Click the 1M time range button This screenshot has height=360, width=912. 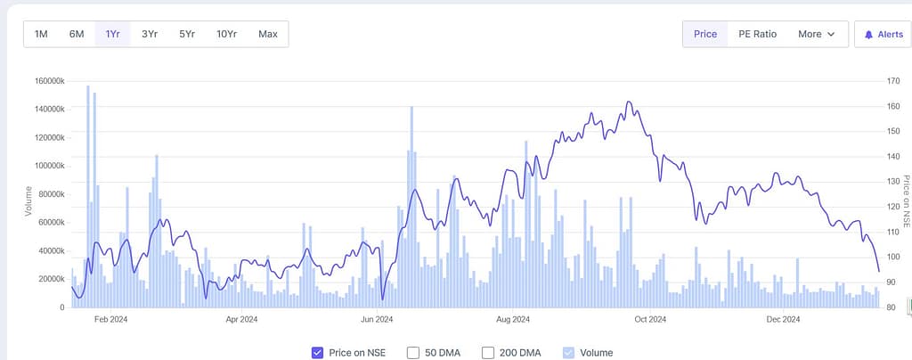[x=41, y=34]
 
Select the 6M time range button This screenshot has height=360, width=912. [x=77, y=34]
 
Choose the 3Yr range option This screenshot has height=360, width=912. [x=150, y=34]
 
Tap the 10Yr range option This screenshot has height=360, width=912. [x=226, y=34]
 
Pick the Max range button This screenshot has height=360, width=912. [x=268, y=34]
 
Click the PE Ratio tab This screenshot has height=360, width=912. [x=758, y=34]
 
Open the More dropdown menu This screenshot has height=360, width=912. [x=816, y=34]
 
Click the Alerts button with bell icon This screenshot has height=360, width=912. [x=883, y=34]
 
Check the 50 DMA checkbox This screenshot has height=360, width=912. [x=413, y=353]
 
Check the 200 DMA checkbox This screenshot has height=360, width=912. [x=488, y=353]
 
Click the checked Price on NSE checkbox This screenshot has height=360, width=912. [x=317, y=353]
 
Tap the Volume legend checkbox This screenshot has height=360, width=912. [x=568, y=353]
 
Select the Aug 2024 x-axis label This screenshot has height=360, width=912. [x=514, y=319]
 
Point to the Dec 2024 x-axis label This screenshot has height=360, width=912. [x=784, y=319]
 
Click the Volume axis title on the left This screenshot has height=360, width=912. [x=28, y=200]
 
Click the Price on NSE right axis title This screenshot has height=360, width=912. [x=906, y=200]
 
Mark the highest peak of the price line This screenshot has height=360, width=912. [x=629, y=102]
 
